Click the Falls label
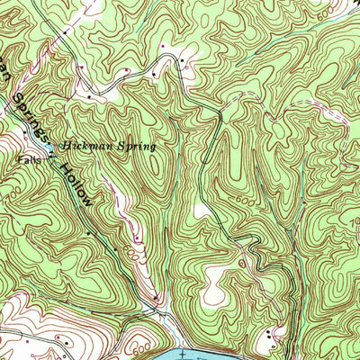(x=28, y=162)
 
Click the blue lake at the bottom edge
(x=225, y=351)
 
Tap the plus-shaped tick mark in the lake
(x=181, y=353)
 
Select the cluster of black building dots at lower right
(x=271, y=338)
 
